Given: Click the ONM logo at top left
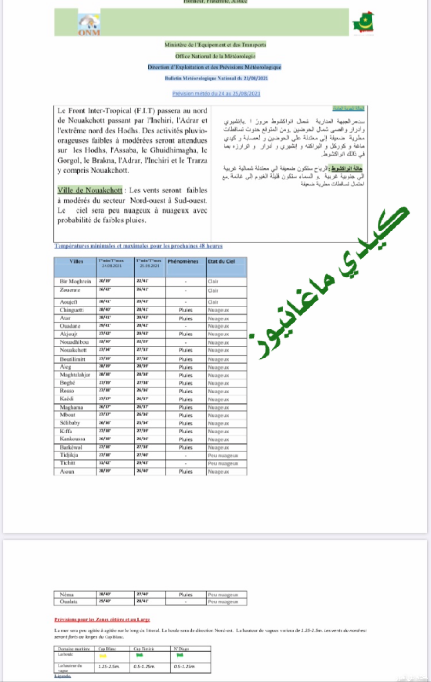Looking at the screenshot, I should (x=89, y=24).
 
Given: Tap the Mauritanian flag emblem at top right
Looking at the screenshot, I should (x=363, y=23).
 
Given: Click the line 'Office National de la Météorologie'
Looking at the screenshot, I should (x=215, y=56).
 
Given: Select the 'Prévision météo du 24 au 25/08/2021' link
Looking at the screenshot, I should (x=216, y=93).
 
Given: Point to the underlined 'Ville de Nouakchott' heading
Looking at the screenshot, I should (x=90, y=190).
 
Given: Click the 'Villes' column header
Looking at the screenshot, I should (x=76, y=261).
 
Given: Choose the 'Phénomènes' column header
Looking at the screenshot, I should (x=183, y=261).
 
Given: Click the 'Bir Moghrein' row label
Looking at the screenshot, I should (x=76, y=281).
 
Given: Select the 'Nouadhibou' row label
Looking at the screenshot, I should (x=74, y=342).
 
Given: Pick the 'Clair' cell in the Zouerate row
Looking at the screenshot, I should (x=213, y=290).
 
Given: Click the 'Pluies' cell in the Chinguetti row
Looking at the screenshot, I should (x=186, y=310).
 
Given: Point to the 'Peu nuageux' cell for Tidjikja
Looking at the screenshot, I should (x=223, y=456).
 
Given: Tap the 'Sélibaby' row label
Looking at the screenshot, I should (x=70, y=423).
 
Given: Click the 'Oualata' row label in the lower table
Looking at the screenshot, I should (x=69, y=601).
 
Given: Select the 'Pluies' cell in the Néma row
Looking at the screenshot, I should (x=186, y=595).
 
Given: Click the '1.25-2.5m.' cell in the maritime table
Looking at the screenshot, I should (x=109, y=666).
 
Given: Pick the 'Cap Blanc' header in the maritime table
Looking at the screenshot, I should (x=107, y=649).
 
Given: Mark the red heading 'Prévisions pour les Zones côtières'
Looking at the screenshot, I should (x=102, y=620).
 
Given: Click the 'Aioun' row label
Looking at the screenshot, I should (x=67, y=472).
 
